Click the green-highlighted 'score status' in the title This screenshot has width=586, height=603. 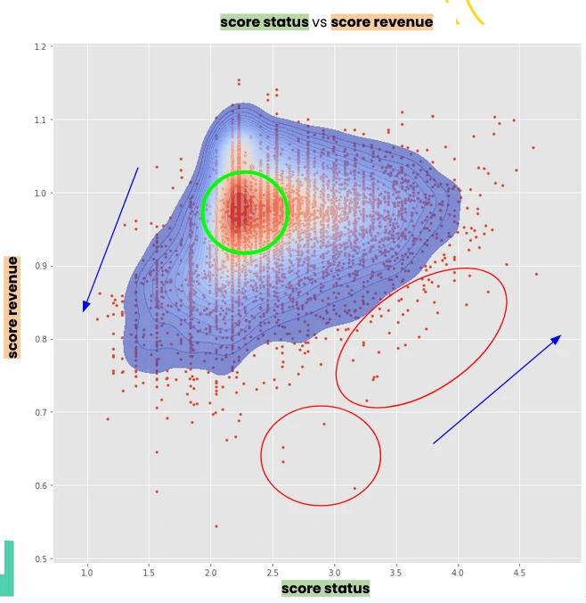pos(265,22)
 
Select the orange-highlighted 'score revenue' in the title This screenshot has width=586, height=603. pos(382,22)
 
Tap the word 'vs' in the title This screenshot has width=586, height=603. pos(320,22)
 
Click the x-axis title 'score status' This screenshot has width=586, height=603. pos(325,589)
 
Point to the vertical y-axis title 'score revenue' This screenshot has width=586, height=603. pos(12,307)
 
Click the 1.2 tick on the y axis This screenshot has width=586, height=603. pos(40,46)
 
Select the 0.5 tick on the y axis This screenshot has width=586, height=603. pos(40,559)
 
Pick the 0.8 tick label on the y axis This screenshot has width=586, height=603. pos(40,340)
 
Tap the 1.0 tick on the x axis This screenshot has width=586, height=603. pos(87,572)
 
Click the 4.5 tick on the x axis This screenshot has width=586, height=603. pos(519,572)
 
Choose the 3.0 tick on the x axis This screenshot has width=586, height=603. pos(334,572)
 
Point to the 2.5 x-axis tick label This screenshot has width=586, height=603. pos(273,572)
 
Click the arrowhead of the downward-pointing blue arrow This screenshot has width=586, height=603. pos(85,309)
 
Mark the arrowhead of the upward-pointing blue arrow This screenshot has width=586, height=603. pos(558,337)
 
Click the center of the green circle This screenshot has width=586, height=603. pos(245,212)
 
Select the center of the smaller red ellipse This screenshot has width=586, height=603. pos(321,456)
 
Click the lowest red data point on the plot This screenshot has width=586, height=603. pos(216,526)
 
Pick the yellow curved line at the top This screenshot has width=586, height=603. pos(471,12)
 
